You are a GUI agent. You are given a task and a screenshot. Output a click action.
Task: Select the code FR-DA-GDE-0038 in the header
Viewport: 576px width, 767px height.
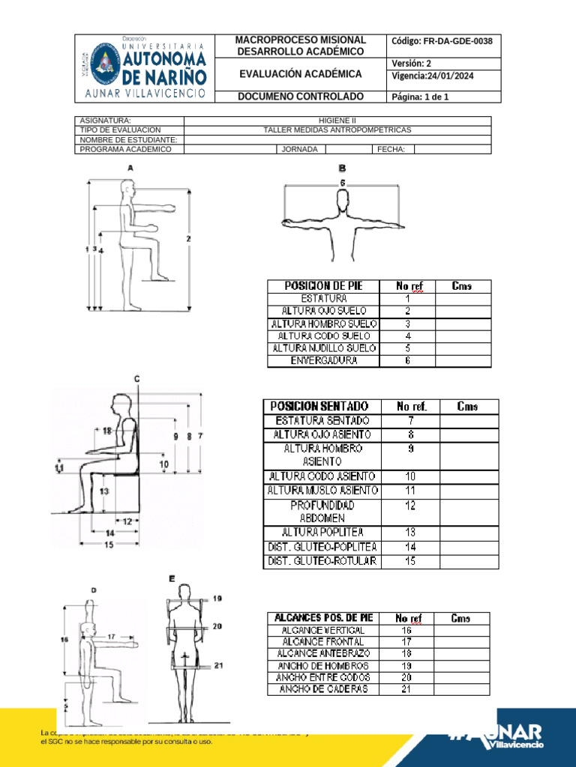(442, 41)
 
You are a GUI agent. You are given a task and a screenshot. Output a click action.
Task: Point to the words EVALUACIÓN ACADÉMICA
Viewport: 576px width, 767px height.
(300, 74)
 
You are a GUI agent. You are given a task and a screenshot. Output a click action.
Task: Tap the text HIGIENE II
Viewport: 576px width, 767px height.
(337, 121)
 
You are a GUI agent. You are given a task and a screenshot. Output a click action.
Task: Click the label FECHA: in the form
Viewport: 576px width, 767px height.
(391, 149)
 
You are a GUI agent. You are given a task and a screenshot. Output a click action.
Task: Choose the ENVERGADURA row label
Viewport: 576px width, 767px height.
(323, 361)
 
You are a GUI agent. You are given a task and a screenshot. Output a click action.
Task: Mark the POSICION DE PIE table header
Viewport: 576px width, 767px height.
(323, 286)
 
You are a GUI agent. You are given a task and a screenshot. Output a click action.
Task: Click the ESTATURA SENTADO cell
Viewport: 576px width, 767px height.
(322, 420)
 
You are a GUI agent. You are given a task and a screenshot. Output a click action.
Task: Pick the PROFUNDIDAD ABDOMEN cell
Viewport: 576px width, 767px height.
(322, 511)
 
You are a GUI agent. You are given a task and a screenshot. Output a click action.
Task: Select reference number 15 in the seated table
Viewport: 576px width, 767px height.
(410, 561)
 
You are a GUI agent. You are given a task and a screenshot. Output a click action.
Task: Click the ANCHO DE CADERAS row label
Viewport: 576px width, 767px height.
(323, 689)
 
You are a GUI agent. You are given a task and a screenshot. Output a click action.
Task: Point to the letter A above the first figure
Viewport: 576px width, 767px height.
(131, 169)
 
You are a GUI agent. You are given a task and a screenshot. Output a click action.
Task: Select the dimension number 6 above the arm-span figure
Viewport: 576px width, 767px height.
(342, 183)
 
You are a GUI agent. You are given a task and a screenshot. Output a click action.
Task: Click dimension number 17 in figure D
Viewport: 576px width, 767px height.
(112, 636)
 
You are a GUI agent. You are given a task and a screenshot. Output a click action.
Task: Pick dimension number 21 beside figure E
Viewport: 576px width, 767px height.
(217, 665)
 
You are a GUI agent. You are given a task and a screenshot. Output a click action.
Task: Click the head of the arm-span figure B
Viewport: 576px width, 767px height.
(342, 202)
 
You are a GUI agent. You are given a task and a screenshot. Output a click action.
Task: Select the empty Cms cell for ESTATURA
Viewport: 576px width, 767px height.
(463, 298)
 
